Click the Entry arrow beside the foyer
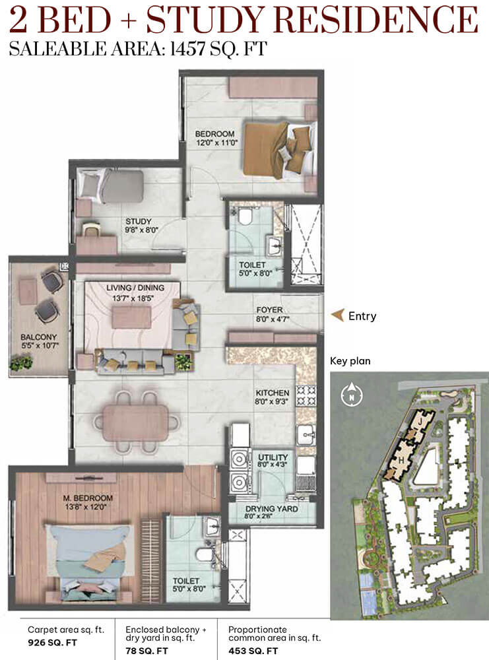coord(337,315)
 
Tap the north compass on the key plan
coord(351,395)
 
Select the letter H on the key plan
coord(401,460)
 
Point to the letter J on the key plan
coord(419,420)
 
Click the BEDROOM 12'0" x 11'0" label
coord(215,138)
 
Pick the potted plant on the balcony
coord(22,362)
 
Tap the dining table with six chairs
coord(135,422)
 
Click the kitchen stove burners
coord(306,396)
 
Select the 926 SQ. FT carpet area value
coord(53,643)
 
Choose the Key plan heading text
coord(350,361)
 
